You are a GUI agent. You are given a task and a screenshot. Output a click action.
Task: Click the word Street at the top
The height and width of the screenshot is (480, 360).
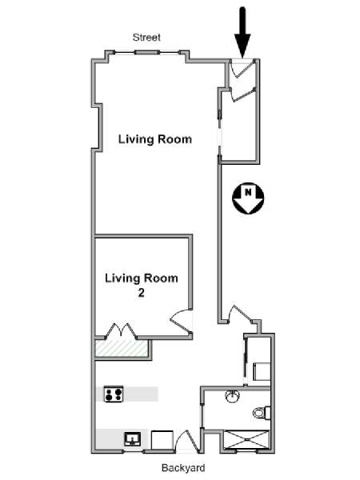(146, 38)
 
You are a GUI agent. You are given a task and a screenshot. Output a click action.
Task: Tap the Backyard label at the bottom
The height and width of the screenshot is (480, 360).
(183, 468)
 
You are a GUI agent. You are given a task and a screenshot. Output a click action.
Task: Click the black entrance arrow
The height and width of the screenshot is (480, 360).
(242, 32)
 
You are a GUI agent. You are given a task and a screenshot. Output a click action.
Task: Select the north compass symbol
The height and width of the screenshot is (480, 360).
(248, 198)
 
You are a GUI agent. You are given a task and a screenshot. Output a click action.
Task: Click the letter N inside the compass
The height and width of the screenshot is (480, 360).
(248, 193)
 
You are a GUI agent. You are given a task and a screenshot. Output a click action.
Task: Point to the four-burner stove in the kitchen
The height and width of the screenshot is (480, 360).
(114, 394)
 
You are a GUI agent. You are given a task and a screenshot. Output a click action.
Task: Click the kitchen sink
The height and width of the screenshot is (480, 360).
(133, 439)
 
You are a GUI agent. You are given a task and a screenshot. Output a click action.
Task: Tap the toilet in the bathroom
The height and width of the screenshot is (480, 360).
(262, 413)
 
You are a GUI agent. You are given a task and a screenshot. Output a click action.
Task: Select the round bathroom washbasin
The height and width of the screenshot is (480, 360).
(233, 396)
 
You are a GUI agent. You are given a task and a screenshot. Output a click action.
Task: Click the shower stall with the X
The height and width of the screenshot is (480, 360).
(246, 440)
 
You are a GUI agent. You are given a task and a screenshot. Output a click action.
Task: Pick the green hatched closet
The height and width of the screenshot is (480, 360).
(122, 348)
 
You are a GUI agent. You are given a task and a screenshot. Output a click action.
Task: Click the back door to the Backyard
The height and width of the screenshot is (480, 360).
(186, 441)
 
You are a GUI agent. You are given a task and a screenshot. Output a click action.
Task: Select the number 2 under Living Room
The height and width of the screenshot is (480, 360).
(141, 293)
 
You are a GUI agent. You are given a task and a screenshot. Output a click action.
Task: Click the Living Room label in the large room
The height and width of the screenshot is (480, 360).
(155, 139)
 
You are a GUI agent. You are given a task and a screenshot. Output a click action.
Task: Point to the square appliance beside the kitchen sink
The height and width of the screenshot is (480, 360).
(162, 439)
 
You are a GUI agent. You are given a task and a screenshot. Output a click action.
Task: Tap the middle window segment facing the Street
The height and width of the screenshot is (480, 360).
(147, 52)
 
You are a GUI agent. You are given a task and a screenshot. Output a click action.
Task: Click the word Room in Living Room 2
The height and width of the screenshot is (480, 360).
(161, 278)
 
